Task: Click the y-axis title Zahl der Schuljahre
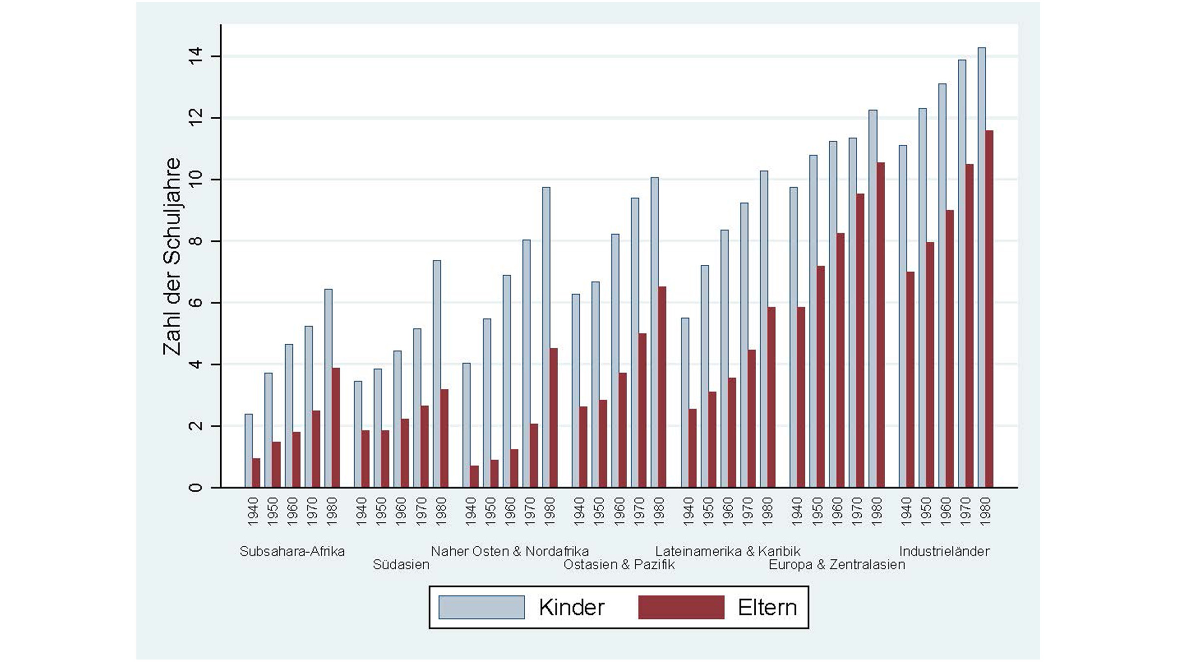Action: (x=172, y=256)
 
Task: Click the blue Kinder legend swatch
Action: (x=481, y=607)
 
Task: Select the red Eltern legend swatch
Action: (x=681, y=607)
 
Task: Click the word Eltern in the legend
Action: (x=767, y=608)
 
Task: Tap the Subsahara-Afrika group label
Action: (x=292, y=551)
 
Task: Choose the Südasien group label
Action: (x=401, y=564)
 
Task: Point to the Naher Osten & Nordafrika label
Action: (x=510, y=551)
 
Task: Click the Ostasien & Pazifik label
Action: (x=619, y=564)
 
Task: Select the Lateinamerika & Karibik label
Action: (x=728, y=551)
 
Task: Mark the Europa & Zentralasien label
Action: (x=837, y=564)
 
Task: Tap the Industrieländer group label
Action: (x=944, y=551)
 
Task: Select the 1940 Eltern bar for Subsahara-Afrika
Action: (x=256, y=473)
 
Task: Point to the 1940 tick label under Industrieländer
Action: (x=906, y=511)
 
